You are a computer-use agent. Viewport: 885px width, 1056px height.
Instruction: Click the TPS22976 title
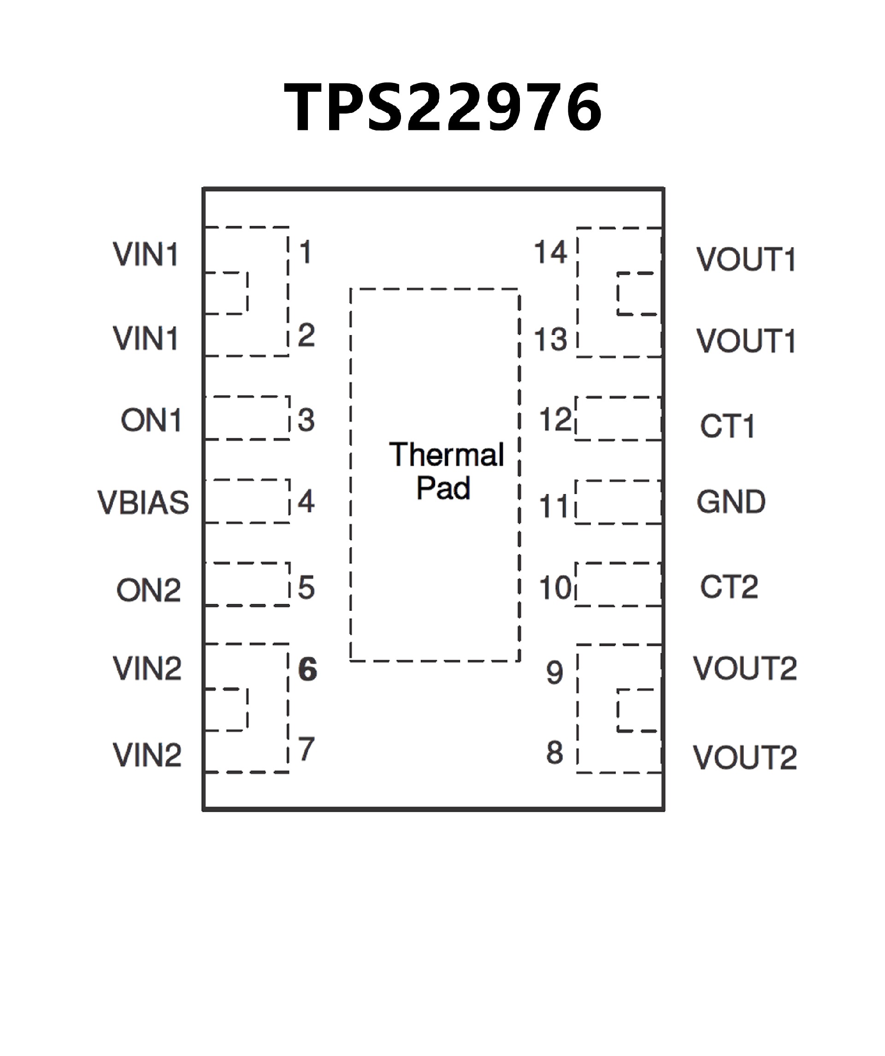point(442,106)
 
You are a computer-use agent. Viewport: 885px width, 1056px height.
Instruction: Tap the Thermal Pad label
point(446,471)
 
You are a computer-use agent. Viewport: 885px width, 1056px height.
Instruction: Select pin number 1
point(305,252)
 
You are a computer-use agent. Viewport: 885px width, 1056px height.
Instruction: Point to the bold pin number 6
point(307,669)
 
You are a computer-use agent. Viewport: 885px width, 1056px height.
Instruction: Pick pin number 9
point(554,673)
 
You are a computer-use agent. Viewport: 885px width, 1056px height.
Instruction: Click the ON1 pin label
point(151,420)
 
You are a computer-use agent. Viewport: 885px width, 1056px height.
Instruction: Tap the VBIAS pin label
point(143,502)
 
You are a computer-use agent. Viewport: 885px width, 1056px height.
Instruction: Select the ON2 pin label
point(148,590)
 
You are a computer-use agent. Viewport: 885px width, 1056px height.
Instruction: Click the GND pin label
point(731,502)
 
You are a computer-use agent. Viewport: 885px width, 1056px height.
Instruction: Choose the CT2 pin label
point(729,587)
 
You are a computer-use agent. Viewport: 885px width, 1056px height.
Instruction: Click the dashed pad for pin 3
point(247,418)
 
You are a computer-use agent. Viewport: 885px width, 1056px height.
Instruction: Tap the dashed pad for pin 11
point(619,502)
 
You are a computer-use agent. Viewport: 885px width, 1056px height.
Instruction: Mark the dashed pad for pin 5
point(247,584)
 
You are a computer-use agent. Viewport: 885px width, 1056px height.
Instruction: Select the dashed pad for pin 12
point(619,419)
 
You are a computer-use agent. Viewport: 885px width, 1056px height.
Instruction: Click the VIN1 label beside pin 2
point(146,338)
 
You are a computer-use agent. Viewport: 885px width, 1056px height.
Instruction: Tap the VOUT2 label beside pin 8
point(745,758)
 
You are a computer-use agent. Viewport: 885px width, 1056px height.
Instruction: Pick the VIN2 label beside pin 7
point(147,755)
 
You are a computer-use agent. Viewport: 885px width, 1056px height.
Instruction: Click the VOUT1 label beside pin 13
point(746,341)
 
